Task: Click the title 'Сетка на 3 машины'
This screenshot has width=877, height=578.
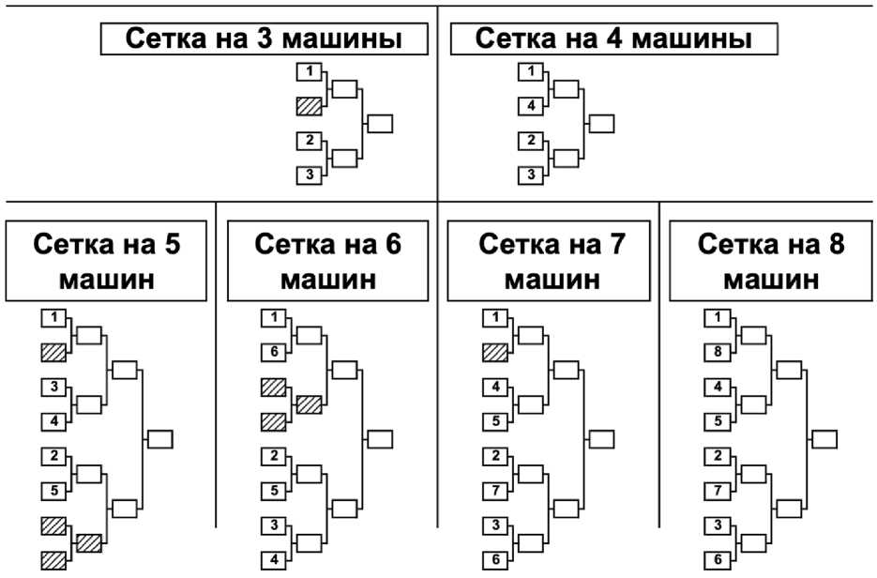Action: (264, 38)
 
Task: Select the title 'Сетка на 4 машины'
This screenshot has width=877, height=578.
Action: (613, 38)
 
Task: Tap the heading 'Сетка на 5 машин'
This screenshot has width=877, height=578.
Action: (106, 261)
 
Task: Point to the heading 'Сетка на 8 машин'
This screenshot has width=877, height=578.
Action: (771, 261)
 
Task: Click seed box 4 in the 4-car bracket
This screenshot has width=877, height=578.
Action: (531, 106)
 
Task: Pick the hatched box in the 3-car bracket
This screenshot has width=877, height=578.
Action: (310, 106)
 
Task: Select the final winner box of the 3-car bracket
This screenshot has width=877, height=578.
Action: (380, 124)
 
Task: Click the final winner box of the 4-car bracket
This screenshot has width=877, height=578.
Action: (601, 124)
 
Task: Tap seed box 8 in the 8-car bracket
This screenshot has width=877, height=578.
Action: (718, 353)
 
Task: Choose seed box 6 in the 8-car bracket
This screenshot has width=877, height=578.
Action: (718, 559)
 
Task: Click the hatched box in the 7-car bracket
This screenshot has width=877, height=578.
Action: (495, 353)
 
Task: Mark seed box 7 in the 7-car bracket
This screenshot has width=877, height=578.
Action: (495, 491)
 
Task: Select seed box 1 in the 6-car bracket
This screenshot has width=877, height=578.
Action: (274, 318)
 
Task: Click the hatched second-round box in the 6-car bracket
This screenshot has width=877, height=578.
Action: (310, 404)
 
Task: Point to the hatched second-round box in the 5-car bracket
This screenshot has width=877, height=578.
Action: (89, 543)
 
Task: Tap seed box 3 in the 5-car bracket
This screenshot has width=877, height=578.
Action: (54, 388)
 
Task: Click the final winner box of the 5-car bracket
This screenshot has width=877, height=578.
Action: (159, 439)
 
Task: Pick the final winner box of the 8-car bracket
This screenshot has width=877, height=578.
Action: (824, 439)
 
